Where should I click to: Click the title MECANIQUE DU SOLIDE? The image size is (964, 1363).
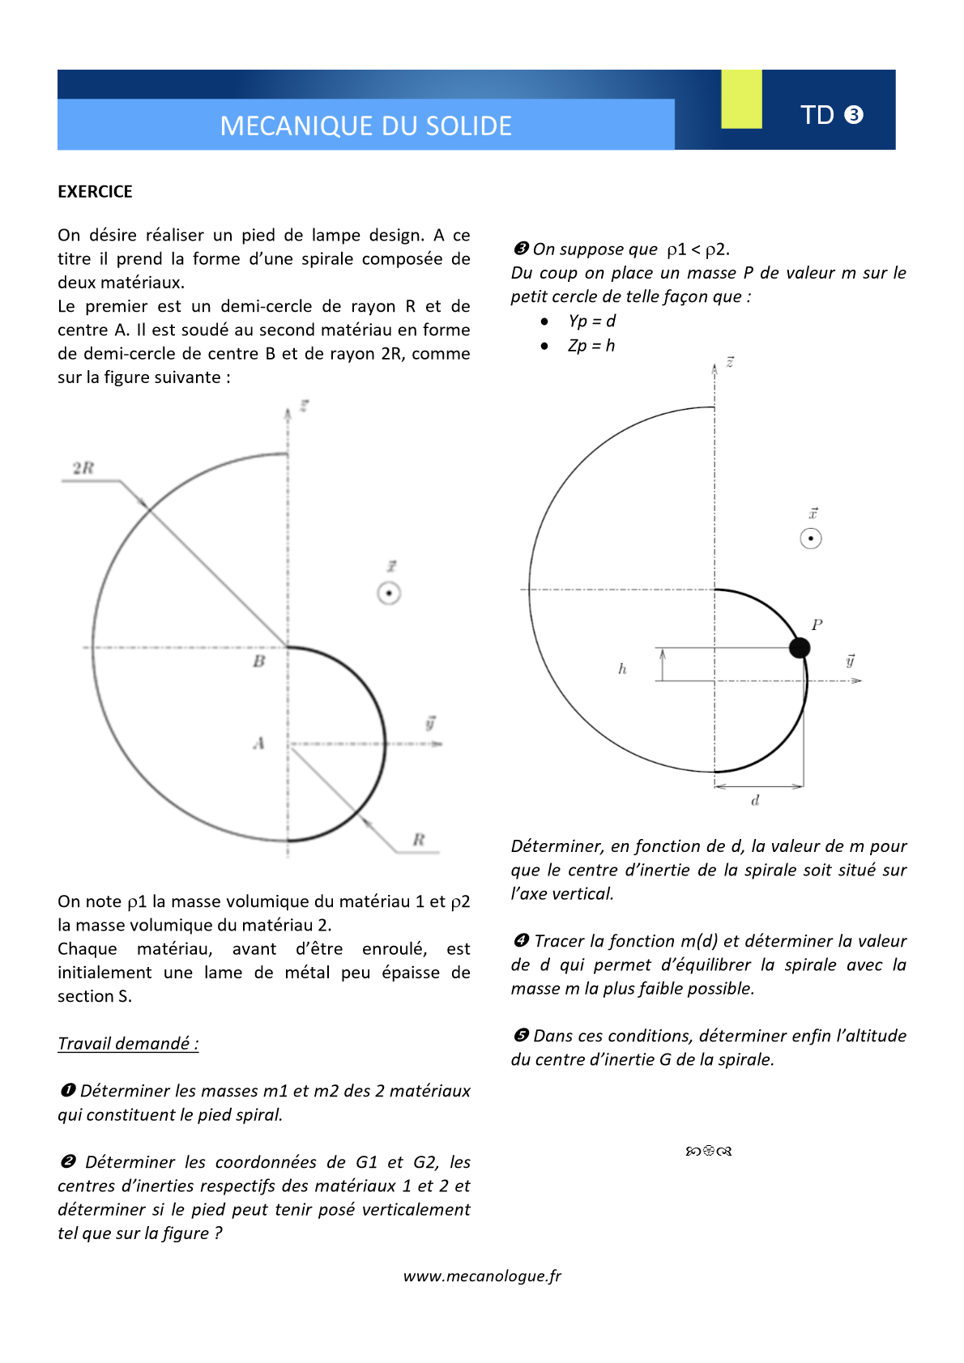click(366, 126)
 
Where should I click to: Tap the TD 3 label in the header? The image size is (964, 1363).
click(831, 115)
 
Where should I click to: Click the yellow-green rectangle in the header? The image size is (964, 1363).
click(741, 99)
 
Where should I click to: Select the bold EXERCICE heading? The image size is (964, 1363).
click(95, 192)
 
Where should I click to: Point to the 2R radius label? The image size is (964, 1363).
click(83, 468)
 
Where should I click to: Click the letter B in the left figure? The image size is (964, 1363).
click(259, 662)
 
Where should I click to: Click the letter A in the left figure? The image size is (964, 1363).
click(259, 743)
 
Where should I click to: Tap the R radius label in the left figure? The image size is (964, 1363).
click(419, 840)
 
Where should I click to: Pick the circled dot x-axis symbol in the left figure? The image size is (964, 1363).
click(389, 594)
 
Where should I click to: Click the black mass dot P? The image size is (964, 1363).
click(800, 648)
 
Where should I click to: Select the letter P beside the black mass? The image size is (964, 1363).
click(817, 625)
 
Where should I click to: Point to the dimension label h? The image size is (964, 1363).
click(622, 669)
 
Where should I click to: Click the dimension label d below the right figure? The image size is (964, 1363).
click(755, 801)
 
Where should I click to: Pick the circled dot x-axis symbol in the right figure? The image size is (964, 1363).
click(811, 539)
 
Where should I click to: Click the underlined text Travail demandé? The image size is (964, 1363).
click(128, 1043)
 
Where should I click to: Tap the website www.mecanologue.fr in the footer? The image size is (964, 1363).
click(482, 1276)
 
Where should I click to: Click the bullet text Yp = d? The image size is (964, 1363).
click(591, 322)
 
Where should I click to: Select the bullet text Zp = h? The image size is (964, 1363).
click(591, 346)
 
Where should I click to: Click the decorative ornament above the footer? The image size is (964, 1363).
click(709, 1151)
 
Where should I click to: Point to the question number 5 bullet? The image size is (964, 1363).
click(521, 1035)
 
